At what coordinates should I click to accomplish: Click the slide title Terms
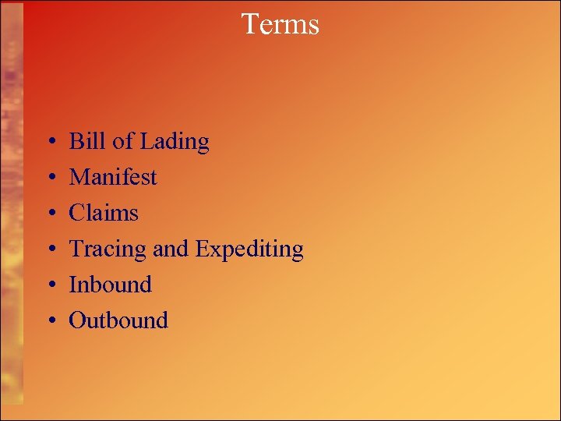(280, 24)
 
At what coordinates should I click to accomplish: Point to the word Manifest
(113, 177)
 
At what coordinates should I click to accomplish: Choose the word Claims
(104, 213)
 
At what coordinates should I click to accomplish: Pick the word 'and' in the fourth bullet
(170, 249)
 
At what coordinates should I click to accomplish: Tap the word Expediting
(249, 249)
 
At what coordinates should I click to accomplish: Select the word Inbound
(111, 285)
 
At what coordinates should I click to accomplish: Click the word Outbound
(118, 320)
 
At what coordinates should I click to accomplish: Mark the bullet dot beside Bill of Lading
(49, 143)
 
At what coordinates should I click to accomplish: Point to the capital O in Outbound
(77, 320)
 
